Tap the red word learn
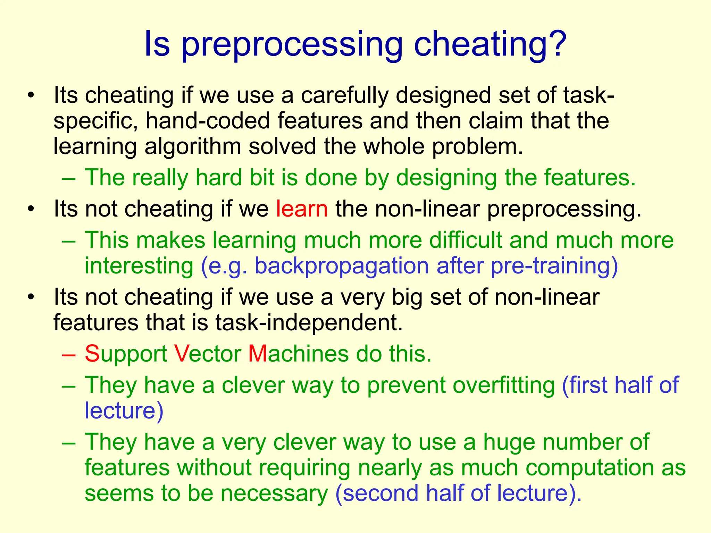pyautogui.click(x=302, y=209)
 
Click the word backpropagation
pyautogui.click(x=342, y=266)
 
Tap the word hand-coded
pyautogui.click(x=208, y=121)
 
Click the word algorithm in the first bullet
pyautogui.click(x=193, y=146)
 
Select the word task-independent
pyautogui.click(x=309, y=323)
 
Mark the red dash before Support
pyautogui.click(x=68, y=355)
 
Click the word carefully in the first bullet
pyautogui.click(x=344, y=96)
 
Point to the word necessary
pyautogui.click(x=274, y=493)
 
